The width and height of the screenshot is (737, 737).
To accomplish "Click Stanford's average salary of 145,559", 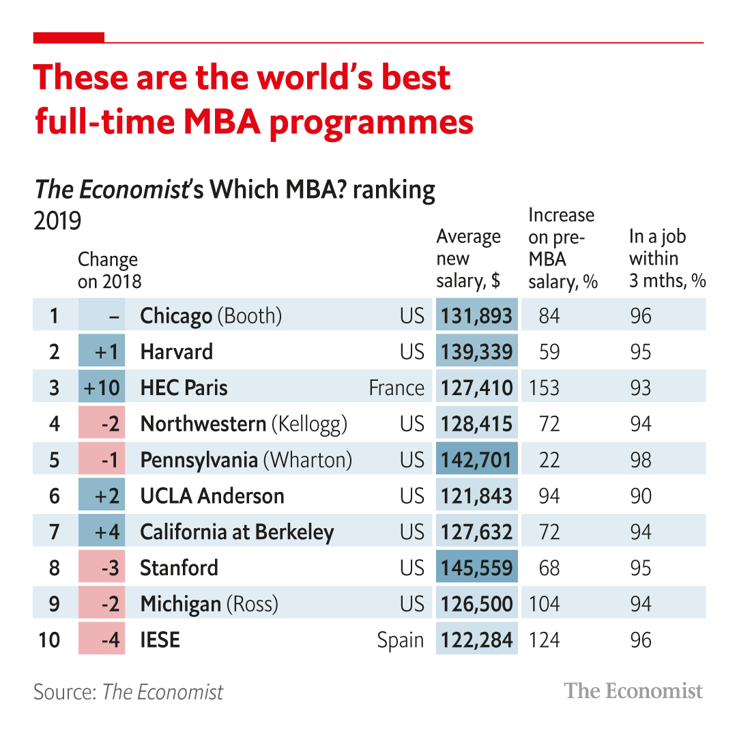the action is tap(476, 568).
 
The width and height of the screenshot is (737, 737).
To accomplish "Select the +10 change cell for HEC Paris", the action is tap(102, 388).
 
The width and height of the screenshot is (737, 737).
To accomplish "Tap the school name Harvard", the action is tap(177, 351).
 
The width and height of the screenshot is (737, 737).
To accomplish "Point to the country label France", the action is tap(396, 388).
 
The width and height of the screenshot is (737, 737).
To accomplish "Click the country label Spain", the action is tap(401, 640).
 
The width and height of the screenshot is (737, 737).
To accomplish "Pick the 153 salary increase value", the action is tap(545, 388).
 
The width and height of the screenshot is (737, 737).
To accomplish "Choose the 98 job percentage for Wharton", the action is tap(641, 460).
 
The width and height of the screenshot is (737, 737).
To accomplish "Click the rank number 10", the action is tap(49, 640).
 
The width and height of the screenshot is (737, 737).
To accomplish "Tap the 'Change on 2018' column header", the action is tap(109, 270).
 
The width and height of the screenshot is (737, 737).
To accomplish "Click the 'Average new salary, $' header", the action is tap(469, 259).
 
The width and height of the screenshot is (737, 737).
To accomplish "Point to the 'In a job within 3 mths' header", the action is tap(667, 259).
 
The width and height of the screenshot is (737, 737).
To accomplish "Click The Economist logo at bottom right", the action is tap(633, 691).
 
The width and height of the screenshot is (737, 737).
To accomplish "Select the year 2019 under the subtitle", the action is tap(57, 220).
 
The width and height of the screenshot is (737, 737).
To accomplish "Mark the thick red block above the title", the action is tap(69, 38).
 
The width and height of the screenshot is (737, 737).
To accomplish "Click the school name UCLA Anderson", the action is tap(212, 496).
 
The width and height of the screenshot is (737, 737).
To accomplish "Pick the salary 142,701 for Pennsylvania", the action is tap(476, 460).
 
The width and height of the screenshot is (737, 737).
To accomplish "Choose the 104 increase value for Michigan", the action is tap(545, 604).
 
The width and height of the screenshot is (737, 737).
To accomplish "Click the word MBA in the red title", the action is tap(222, 121).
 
